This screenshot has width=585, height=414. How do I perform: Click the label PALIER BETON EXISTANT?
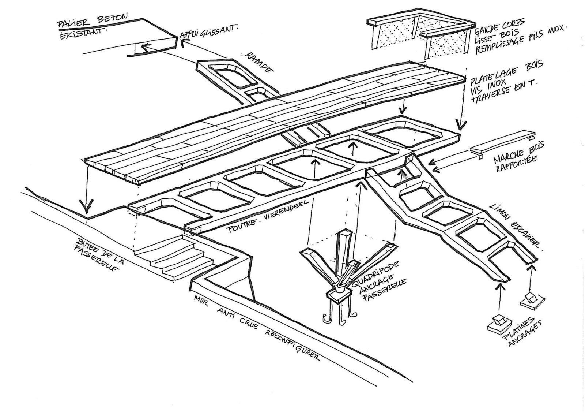84,24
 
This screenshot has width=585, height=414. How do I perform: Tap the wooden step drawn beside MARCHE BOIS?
502,145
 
